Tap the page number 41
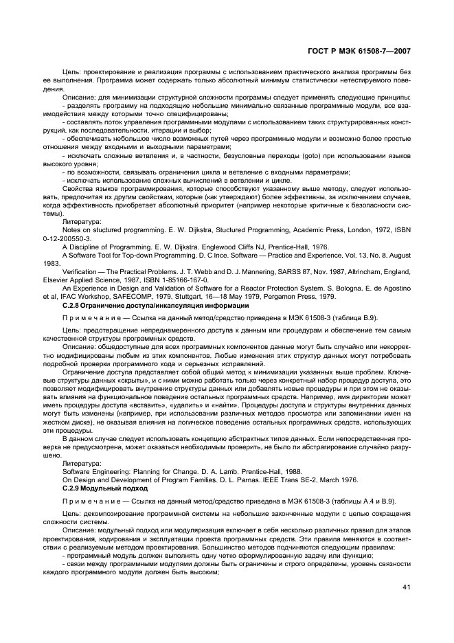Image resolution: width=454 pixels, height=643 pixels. pos(407,587)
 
